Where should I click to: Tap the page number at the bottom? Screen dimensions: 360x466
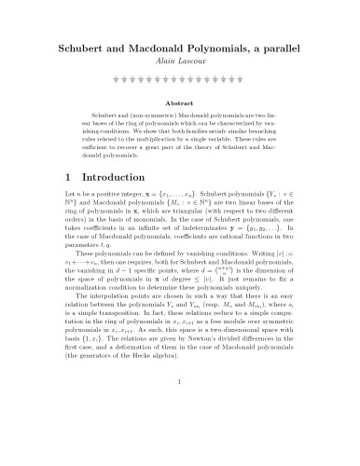[x=179, y=433]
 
